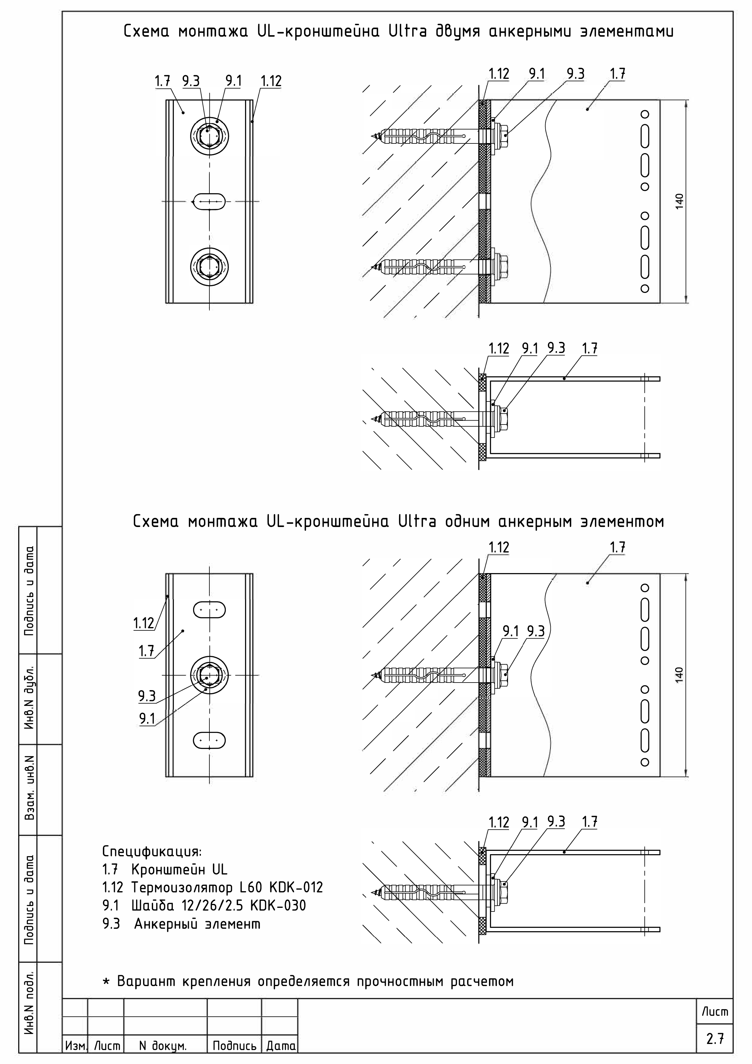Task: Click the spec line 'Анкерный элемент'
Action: point(197,924)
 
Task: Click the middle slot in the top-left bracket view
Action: point(209,202)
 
